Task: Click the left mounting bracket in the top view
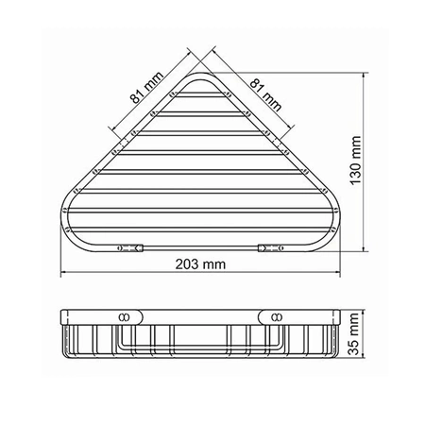click(x=129, y=248)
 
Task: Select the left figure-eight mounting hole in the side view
click(x=124, y=314)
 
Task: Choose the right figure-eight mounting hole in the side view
click(x=277, y=314)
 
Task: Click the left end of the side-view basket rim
click(x=62, y=315)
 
